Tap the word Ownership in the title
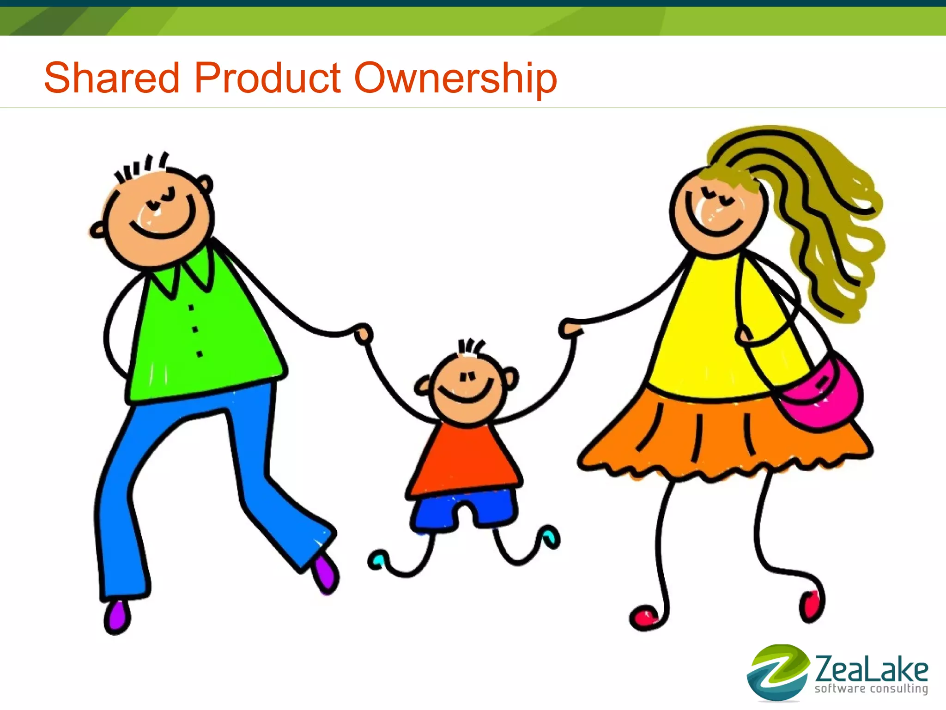(x=455, y=79)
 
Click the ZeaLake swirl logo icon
(x=777, y=672)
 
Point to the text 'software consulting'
(x=871, y=689)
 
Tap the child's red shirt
(x=464, y=457)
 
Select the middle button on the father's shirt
(x=195, y=329)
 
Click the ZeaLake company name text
(x=871, y=669)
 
